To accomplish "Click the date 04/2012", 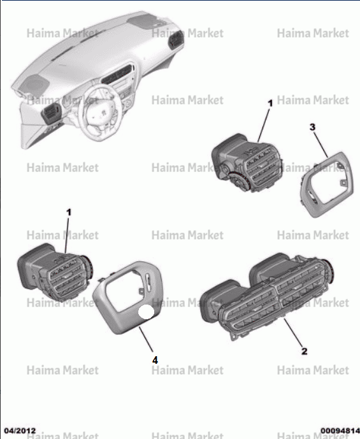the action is pyautogui.click(x=20, y=431).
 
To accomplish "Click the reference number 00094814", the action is pyautogui.click(x=340, y=431).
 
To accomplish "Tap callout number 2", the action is pyautogui.click(x=305, y=351).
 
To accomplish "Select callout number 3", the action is pyautogui.click(x=312, y=127).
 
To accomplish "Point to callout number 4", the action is pyautogui.click(x=155, y=360).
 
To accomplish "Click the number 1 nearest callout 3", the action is pyautogui.click(x=270, y=103).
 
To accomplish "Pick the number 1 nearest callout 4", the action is pyautogui.click(x=69, y=212).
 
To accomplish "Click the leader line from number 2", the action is pyautogui.click(x=293, y=333).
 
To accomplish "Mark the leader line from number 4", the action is pyautogui.click(x=146, y=339).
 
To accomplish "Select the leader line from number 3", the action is pyautogui.click(x=320, y=145).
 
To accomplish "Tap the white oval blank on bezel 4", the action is pyautogui.click(x=146, y=312).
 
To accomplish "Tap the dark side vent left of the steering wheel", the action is pyautogui.click(x=51, y=113).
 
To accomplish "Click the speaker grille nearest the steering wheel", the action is pyautogui.click(x=35, y=84).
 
